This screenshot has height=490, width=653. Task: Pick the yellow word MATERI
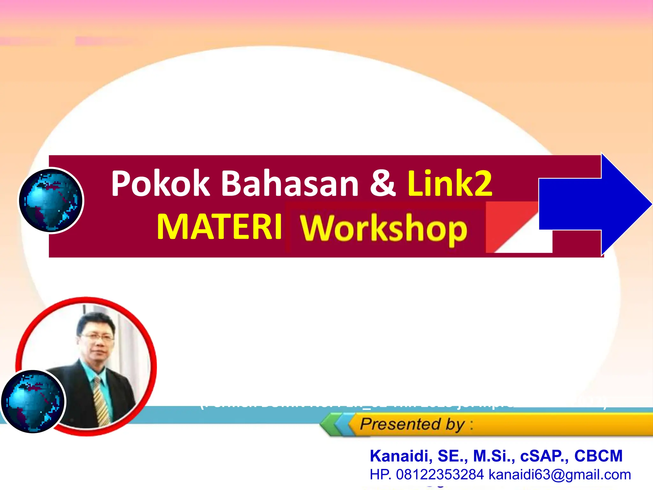(x=220, y=227)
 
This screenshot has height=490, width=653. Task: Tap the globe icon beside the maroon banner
(x=50, y=200)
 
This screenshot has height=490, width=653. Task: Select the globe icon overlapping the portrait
(x=33, y=401)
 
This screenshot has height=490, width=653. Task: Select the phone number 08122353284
(x=440, y=475)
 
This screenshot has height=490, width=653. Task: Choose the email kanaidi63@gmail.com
(x=560, y=475)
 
